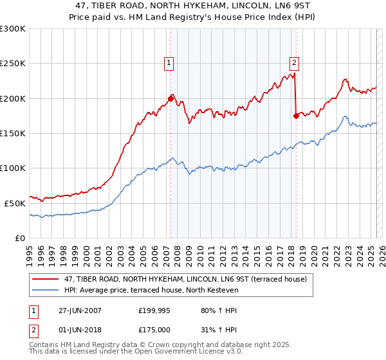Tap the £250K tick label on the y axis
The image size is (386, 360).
pos(12,64)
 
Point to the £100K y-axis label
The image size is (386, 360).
pos(12,168)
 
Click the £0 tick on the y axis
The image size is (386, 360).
pos(20,238)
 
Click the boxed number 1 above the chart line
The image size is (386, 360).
pos(169,63)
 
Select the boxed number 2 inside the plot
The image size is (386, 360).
pos(294,63)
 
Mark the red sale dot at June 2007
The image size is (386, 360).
pos(171,99)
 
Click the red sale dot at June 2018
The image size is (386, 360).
pos(296,116)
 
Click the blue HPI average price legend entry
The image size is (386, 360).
pos(151,291)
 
